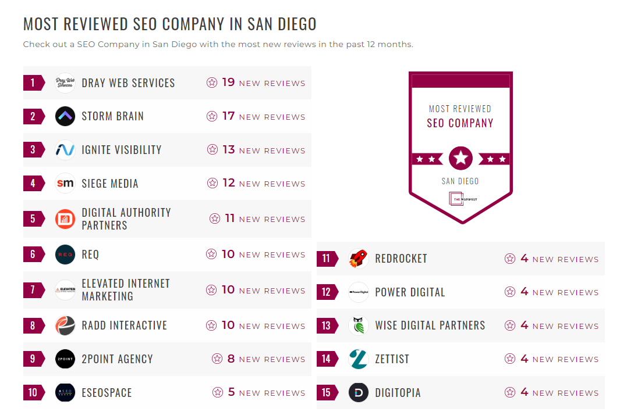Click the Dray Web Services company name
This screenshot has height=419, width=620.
[128, 83]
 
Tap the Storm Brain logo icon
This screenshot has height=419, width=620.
[65, 116]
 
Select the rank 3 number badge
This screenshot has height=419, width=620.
[33, 150]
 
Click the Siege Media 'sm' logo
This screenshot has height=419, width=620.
[65, 184]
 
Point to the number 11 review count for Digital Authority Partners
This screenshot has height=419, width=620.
[229, 219]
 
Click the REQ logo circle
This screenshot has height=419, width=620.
[65, 255]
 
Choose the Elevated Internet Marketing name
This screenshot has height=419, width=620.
[126, 290]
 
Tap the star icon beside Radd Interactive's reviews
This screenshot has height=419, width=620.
[212, 325]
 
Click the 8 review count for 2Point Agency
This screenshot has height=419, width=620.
[231, 359]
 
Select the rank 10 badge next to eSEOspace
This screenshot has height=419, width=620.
[33, 393]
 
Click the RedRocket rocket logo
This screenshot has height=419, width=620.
[358, 259]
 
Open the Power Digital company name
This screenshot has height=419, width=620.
[410, 292]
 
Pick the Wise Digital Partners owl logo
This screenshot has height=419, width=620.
[358, 326]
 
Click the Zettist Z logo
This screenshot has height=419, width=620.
[358, 359]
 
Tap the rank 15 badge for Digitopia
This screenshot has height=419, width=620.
[326, 393]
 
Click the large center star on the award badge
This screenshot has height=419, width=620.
[460, 158]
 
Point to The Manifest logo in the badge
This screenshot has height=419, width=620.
[462, 199]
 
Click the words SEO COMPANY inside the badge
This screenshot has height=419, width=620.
[460, 123]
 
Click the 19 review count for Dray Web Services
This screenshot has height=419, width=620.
[228, 83]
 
